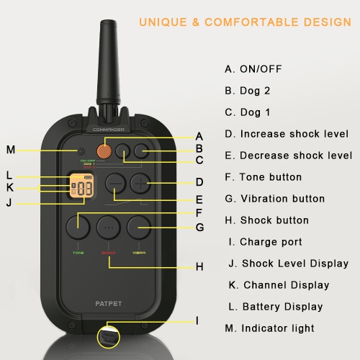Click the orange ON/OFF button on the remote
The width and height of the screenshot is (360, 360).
click(105, 151)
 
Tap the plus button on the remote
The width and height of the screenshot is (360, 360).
click(140, 184)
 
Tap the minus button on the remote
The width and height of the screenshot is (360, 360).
click(115, 184)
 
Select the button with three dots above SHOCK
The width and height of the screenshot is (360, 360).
click(107, 227)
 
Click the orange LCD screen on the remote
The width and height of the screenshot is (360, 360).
click(81, 189)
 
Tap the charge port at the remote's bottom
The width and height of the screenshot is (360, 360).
click(107, 336)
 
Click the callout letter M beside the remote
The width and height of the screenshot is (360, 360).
click(10, 150)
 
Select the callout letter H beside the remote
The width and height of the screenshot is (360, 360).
click(199, 267)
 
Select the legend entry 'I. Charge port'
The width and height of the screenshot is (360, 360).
click(264, 242)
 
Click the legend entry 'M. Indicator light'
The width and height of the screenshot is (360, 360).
click(269, 328)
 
